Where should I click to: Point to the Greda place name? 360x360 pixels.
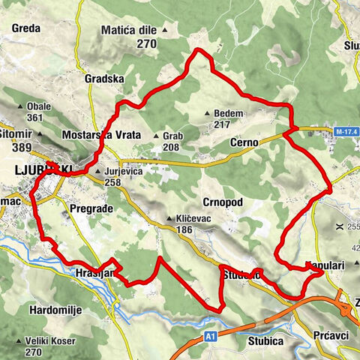click(x=26, y=30)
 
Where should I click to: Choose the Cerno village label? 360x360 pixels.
click(x=244, y=142)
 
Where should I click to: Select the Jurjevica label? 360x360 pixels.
click(x=124, y=171)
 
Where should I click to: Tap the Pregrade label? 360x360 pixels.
click(x=90, y=206)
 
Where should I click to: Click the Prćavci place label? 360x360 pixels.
click(x=331, y=335)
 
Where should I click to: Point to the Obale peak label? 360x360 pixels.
click(x=38, y=106)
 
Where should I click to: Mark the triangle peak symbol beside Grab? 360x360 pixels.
click(x=157, y=136)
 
